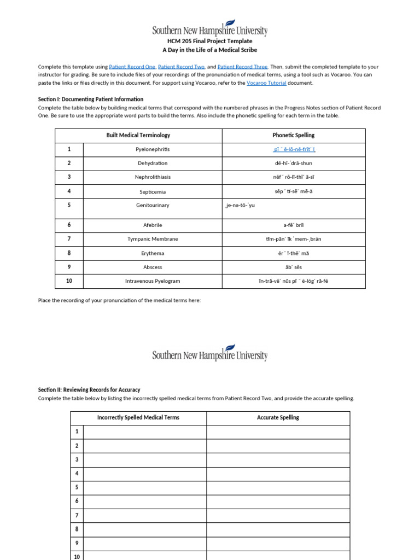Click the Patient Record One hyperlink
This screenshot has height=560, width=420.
coord(132,67)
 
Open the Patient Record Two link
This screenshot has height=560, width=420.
coord(181,67)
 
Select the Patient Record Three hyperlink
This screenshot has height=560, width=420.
coord(242,67)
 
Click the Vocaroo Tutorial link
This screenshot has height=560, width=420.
coord(266,83)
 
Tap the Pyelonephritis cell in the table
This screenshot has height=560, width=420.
coord(153,149)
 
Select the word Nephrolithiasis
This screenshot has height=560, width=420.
coord(153,177)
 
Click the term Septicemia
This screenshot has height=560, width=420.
coord(153,192)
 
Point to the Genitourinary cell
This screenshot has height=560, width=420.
coord(153,205)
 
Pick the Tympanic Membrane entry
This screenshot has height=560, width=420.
coord(153,239)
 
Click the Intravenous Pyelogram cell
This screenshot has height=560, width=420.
coord(153,281)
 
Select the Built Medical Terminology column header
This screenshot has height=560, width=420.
coord(138,135)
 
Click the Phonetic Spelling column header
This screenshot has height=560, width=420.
coord(294,135)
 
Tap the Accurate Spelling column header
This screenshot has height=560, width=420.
coord(278,417)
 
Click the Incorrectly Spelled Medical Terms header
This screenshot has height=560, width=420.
coord(138,417)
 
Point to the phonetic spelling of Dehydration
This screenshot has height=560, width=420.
coord(294,163)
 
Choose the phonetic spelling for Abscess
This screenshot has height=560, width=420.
coord(294,267)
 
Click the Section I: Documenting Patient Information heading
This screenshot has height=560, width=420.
coord(91,100)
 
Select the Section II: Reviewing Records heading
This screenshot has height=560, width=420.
coord(89,390)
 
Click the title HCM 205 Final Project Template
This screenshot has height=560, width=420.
coord(210,41)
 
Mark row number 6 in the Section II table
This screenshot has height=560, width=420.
coord(77,501)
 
